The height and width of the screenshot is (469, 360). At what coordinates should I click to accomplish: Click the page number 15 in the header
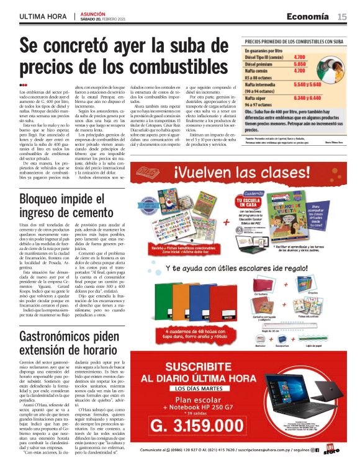click(342, 17)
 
